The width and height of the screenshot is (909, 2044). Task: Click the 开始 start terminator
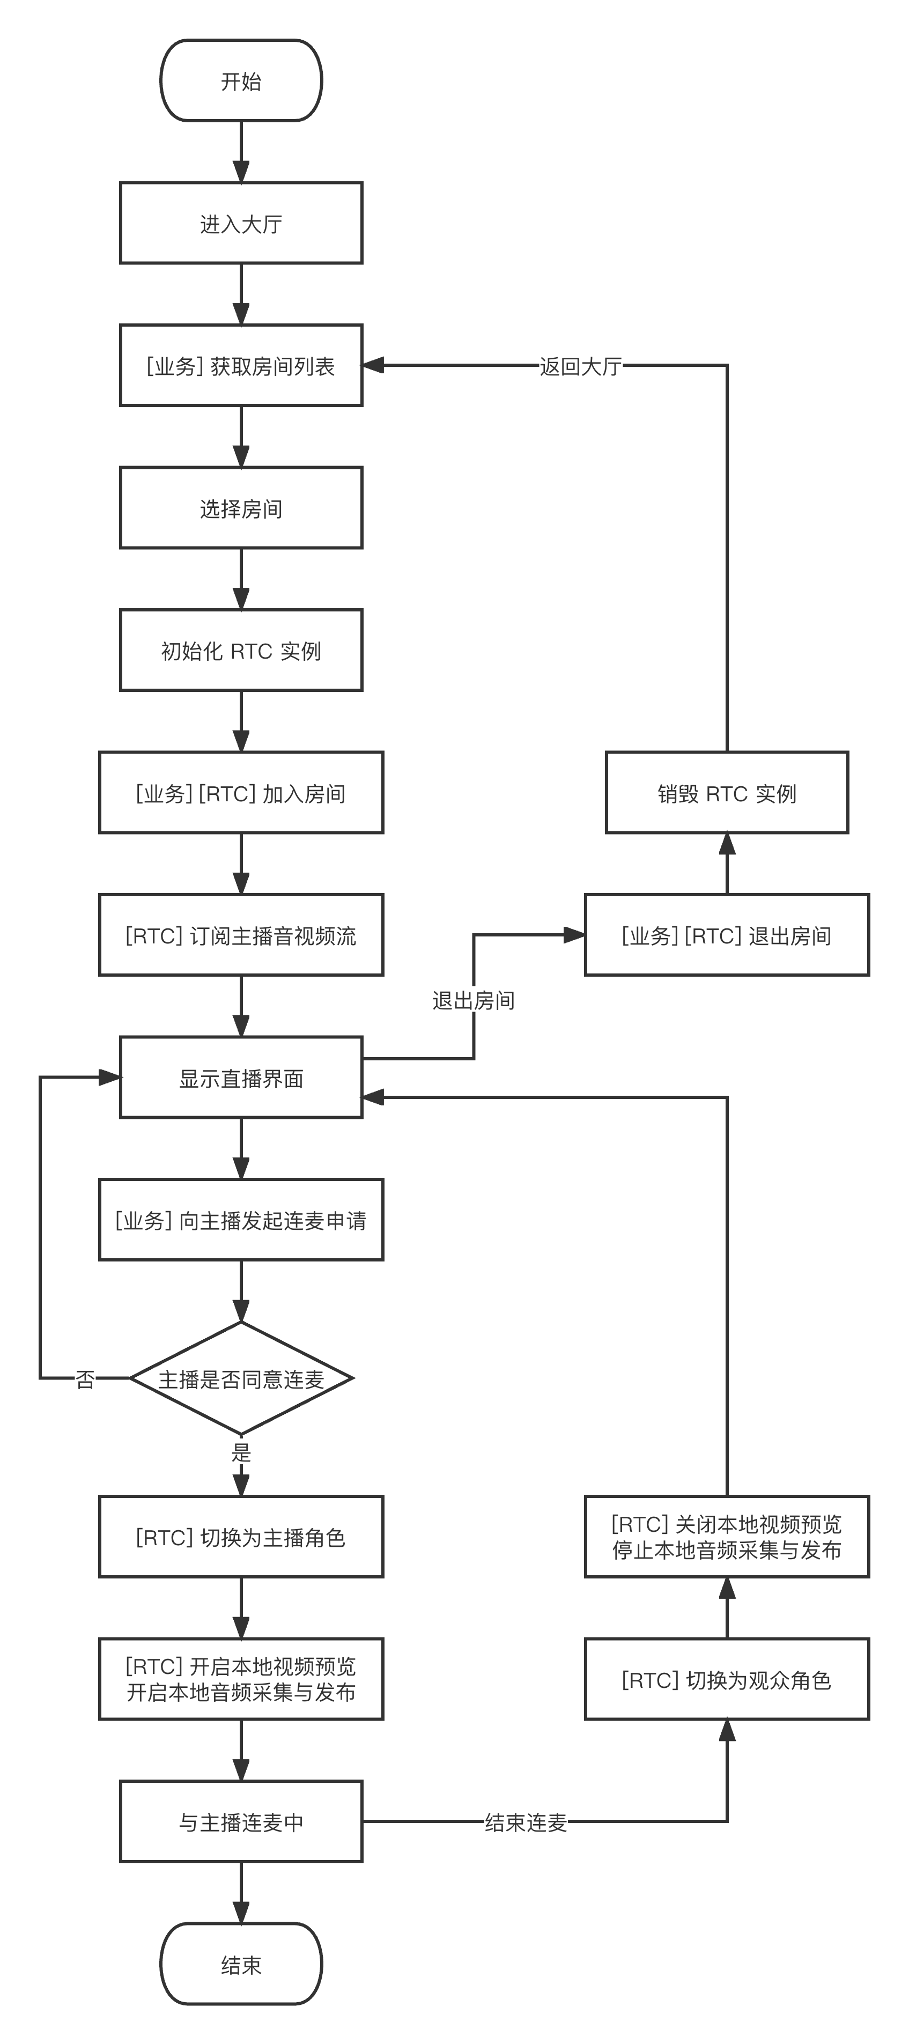point(241,81)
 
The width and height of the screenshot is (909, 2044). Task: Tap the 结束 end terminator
point(241,1964)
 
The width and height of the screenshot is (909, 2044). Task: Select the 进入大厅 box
point(241,223)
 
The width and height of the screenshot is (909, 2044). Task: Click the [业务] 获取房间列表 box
point(241,366)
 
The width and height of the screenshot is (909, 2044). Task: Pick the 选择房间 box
point(241,508)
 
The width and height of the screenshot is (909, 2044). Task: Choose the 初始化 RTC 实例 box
point(241,651)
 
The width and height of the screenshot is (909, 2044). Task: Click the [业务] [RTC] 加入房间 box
point(241,793)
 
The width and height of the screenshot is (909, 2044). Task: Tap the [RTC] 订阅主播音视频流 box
point(241,935)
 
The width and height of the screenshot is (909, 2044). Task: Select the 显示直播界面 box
point(241,1078)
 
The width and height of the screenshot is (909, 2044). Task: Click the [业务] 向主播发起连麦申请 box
point(241,1220)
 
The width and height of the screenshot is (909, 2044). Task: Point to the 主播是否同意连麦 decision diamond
point(241,1379)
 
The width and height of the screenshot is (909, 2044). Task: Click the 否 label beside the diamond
point(85,1379)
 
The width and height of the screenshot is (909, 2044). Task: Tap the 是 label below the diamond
point(241,1452)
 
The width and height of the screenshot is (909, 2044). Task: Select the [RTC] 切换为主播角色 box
point(241,1537)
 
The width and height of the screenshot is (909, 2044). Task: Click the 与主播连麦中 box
point(241,1822)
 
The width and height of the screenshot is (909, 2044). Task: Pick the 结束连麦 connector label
point(526,1822)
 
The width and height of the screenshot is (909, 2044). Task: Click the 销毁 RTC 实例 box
point(727,793)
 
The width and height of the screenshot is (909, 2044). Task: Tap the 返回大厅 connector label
point(581,366)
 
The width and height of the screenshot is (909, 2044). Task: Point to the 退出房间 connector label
point(474,1000)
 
